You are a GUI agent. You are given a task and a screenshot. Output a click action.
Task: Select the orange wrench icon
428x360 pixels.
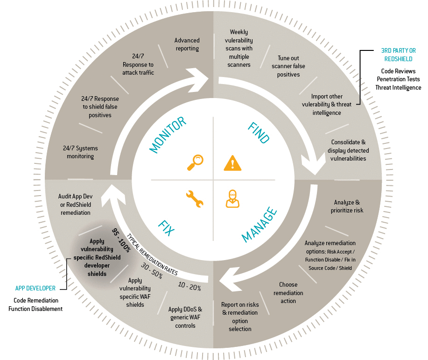tap(194, 198)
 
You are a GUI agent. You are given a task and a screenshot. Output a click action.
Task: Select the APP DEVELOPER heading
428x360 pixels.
tap(35, 289)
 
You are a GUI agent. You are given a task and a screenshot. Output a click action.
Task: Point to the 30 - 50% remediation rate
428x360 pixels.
tap(151, 271)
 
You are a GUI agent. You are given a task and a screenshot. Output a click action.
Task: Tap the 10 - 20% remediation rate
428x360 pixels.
tap(189, 286)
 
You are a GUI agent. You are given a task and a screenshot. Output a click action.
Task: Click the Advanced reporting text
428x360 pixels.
tap(187, 44)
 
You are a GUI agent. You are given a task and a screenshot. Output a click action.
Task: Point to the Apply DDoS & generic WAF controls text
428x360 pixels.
tap(185, 317)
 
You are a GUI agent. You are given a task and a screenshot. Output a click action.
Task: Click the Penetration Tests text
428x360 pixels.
tap(399, 79)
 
